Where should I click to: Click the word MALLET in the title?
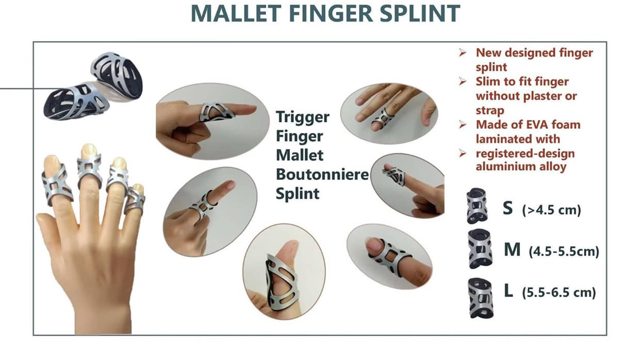coord(236,13)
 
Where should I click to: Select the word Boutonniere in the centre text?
coord(322,174)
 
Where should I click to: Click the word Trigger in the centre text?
coord(303,118)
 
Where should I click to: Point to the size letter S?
coord(507,208)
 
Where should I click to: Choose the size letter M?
coord(512,250)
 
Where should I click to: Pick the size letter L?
coord(508,290)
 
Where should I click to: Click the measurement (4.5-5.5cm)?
coord(564,251)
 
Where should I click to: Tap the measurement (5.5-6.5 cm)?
coord(559,292)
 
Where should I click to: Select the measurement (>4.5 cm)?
coord(551,210)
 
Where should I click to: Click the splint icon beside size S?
coord(477,206)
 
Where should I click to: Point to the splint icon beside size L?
coord(481,298)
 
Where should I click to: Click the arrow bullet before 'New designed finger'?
coord(463,53)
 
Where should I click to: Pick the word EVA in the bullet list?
coord(538,125)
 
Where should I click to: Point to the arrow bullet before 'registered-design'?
coord(463,154)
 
